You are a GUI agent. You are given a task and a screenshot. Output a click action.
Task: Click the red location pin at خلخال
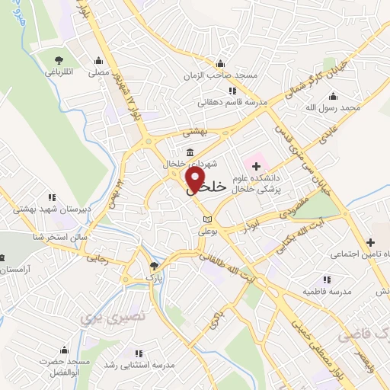tap(196, 180)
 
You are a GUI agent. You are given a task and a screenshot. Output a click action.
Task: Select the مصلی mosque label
tap(98, 73)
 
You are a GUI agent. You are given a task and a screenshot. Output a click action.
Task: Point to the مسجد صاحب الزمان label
tap(219, 76)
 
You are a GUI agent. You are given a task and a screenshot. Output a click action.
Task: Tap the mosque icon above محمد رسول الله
tap(332, 97)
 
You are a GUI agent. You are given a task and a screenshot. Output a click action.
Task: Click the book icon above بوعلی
tap(198, 219)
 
